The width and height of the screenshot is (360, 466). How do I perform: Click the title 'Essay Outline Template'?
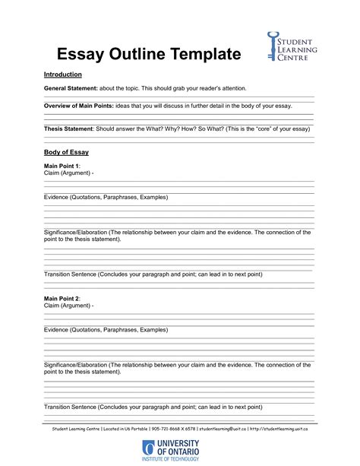(x=149, y=54)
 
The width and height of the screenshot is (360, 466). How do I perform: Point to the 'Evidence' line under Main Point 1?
(x=106, y=197)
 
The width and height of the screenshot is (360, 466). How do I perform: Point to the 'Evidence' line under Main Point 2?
(x=106, y=330)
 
